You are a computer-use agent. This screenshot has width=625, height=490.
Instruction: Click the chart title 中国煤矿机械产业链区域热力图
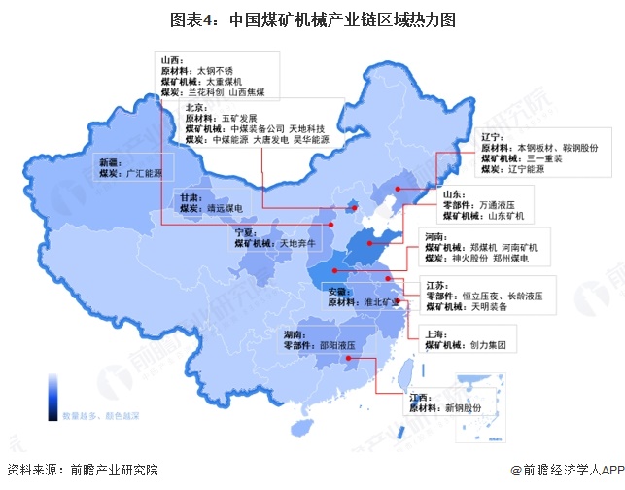312,18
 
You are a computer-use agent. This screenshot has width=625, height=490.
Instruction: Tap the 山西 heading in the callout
171,60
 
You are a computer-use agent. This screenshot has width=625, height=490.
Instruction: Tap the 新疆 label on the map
111,162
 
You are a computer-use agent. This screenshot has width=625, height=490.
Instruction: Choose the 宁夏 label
246,232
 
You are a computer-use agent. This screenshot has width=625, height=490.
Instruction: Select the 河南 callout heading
437,236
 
